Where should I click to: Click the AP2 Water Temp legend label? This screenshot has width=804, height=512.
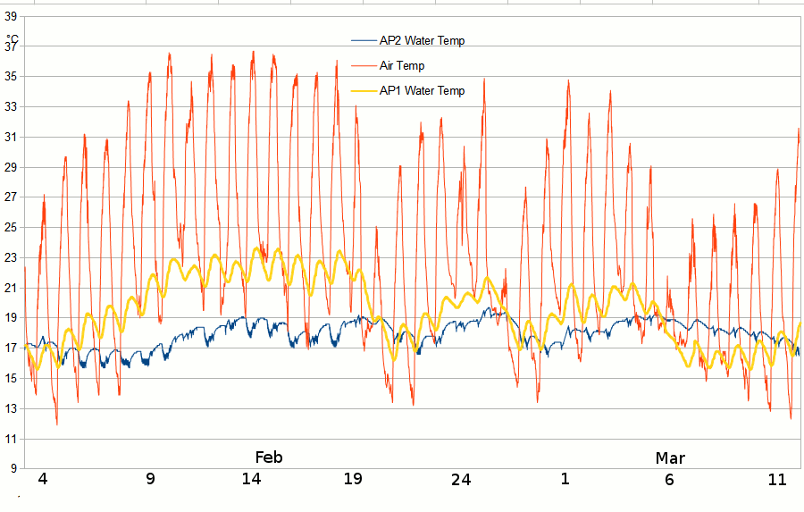[422, 40]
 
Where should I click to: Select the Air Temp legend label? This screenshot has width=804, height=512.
[402, 65]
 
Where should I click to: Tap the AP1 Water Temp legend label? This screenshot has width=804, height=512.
[422, 90]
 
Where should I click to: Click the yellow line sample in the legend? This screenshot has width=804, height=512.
[364, 90]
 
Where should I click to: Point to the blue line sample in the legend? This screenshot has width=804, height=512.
[364, 40]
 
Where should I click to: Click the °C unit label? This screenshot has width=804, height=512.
[13, 38]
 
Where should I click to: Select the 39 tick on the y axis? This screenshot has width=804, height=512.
[12, 4]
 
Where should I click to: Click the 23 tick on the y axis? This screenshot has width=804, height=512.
[12, 257]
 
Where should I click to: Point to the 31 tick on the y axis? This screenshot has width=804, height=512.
[12, 137]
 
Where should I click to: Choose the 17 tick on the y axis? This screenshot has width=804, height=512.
[12, 348]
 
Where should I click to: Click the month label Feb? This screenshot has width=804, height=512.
[268, 457]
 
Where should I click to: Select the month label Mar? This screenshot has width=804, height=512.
[670, 458]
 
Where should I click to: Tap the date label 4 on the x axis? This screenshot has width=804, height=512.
[42, 479]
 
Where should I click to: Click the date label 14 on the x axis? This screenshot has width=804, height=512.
[251, 479]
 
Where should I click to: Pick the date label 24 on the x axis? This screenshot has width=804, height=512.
[460, 479]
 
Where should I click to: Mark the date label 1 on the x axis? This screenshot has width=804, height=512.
[565, 479]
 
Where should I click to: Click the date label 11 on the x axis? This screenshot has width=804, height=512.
[777, 479]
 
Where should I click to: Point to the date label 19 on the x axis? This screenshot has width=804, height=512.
[354, 479]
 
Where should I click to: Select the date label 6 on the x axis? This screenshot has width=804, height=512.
[670, 479]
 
